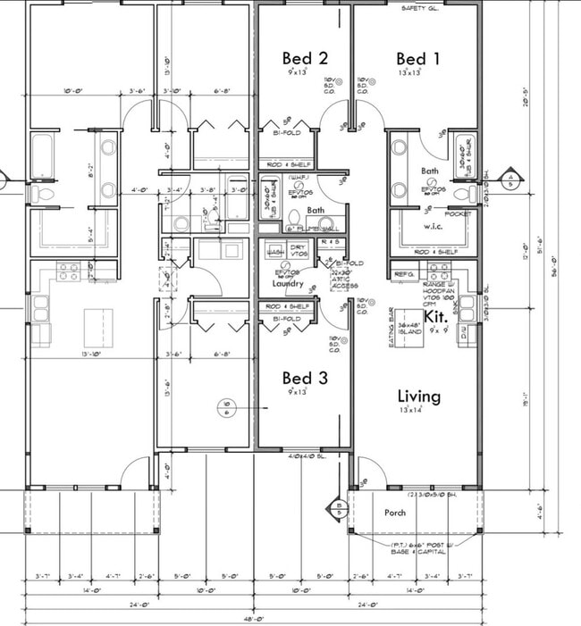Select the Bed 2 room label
[305, 59]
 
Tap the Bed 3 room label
[305, 378]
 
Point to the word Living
[419, 396]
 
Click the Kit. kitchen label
[435, 317]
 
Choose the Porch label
[394, 513]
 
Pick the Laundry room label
[289, 284]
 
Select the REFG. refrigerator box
[405, 274]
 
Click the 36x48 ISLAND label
[410, 329]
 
